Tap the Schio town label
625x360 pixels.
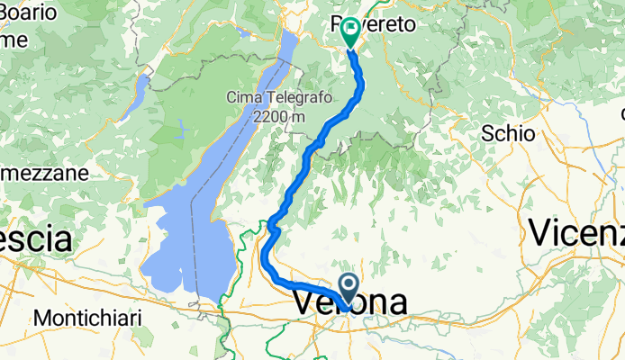(x=508, y=134)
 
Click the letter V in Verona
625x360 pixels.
(x=304, y=303)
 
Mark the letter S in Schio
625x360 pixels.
(x=487, y=134)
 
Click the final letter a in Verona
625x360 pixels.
(x=395, y=303)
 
